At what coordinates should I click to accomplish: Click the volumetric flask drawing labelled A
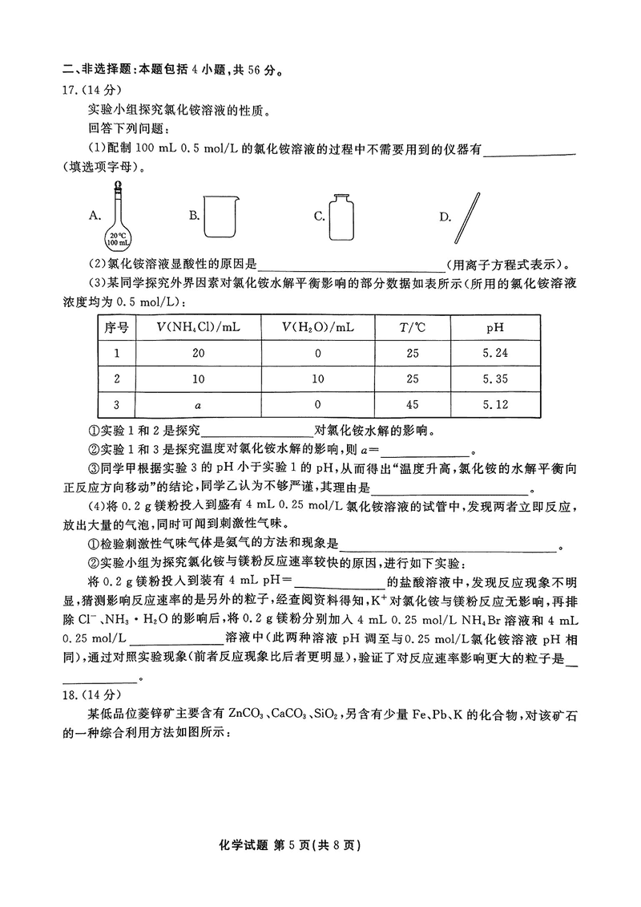coord(118,216)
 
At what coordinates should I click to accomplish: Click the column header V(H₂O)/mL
coord(317,327)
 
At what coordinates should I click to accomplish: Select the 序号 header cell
coord(116,327)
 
